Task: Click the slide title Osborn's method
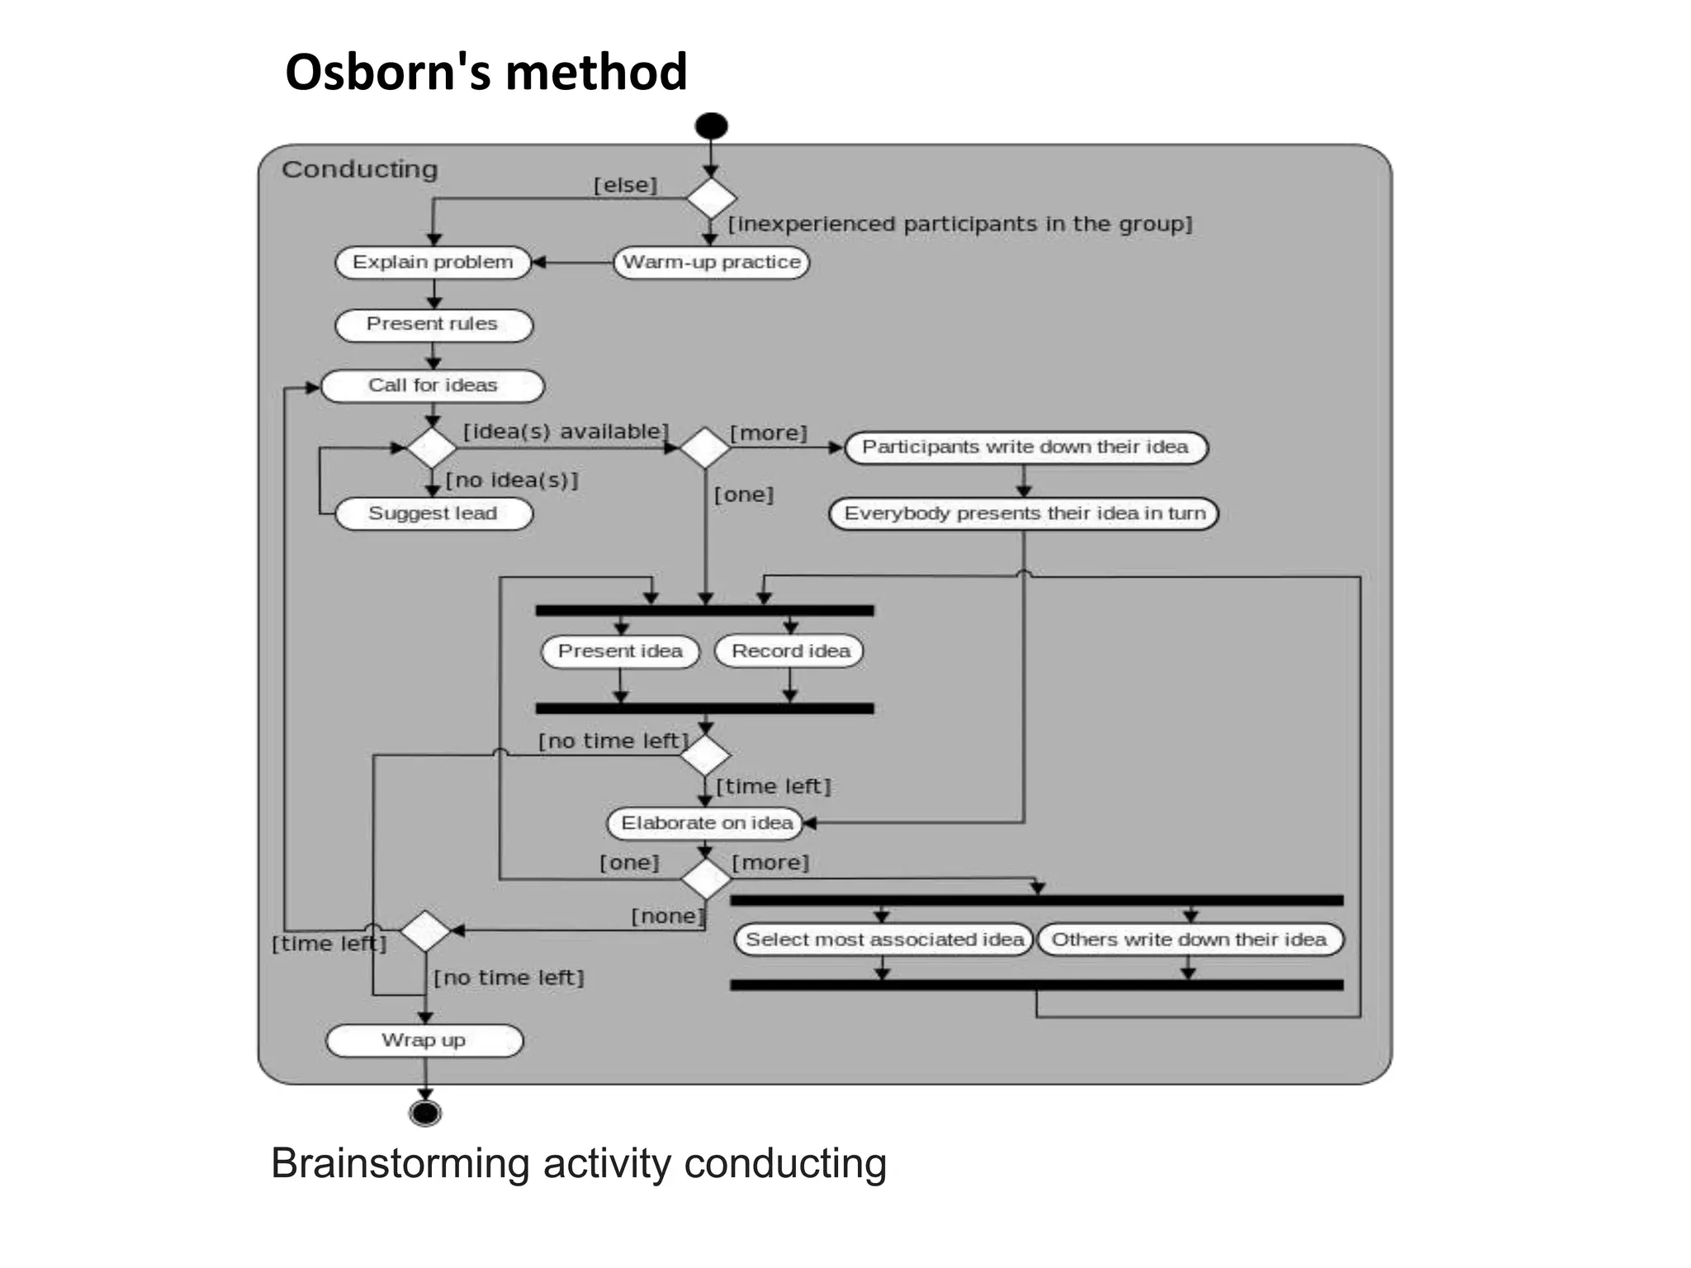(486, 72)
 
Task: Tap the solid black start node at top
(711, 125)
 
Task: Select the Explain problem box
(433, 263)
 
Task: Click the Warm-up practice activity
(711, 263)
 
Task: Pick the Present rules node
(433, 324)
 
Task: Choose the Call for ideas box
(433, 386)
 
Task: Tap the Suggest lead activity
(433, 513)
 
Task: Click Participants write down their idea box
(1025, 447)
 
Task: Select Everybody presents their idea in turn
(1024, 513)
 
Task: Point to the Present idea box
(620, 651)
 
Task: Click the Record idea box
(790, 651)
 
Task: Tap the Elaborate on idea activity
(706, 823)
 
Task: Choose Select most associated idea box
(883, 939)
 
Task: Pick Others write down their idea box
(1190, 939)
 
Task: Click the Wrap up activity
(424, 1040)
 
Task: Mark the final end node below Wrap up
(425, 1114)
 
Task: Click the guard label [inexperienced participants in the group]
(960, 224)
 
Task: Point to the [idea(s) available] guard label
(566, 432)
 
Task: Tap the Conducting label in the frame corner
(360, 169)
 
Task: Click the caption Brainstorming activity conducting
(579, 1164)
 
